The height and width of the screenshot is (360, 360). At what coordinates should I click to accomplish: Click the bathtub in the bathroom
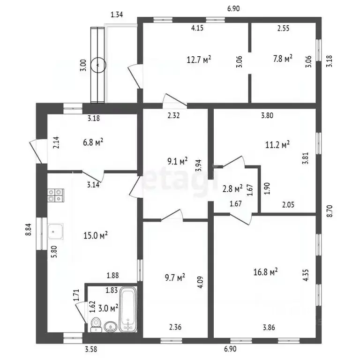[128, 309]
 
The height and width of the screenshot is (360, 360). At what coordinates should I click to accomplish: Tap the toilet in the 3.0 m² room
[96, 325]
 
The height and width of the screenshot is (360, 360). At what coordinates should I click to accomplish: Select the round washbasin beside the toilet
[111, 326]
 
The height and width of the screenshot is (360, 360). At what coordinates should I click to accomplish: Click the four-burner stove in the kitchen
[56, 195]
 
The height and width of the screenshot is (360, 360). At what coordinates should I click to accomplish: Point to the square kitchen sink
[55, 232]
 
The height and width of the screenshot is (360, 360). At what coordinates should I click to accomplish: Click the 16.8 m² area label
[265, 272]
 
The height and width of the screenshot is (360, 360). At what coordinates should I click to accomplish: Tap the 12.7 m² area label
[199, 60]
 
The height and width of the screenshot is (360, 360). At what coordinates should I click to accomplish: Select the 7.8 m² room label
[283, 59]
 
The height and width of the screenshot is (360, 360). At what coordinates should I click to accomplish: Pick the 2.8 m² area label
[232, 189]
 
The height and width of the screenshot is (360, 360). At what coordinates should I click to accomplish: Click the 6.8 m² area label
[93, 142]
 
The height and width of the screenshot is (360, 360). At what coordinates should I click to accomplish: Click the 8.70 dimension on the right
[329, 211]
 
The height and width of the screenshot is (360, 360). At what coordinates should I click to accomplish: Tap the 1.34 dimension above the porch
[117, 15]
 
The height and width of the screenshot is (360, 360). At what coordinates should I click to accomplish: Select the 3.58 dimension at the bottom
[91, 349]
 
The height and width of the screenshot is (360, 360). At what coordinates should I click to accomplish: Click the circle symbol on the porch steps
[98, 65]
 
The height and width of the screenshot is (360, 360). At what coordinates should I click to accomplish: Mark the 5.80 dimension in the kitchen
[55, 252]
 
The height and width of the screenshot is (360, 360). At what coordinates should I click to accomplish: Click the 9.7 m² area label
[175, 278]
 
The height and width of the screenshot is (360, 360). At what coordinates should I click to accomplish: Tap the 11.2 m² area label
[277, 145]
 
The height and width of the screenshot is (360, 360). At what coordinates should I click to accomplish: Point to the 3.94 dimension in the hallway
[198, 165]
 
